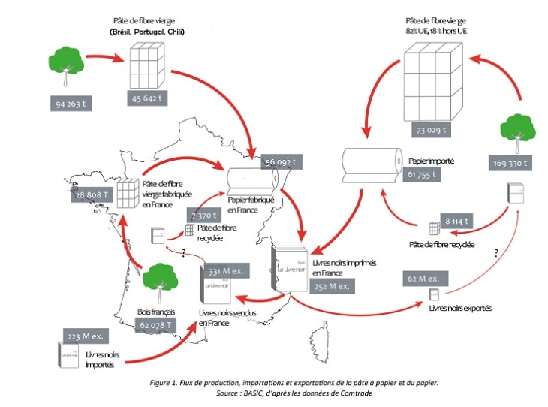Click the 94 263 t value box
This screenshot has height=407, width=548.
click(x=70, y=103)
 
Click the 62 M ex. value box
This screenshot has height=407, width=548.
click(x=425, y=279)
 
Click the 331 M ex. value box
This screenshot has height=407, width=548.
click(x=224, y=270)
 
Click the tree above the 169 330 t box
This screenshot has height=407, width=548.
click(x=516, y=129)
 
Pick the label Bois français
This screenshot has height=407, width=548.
click(x=155, y=310)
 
